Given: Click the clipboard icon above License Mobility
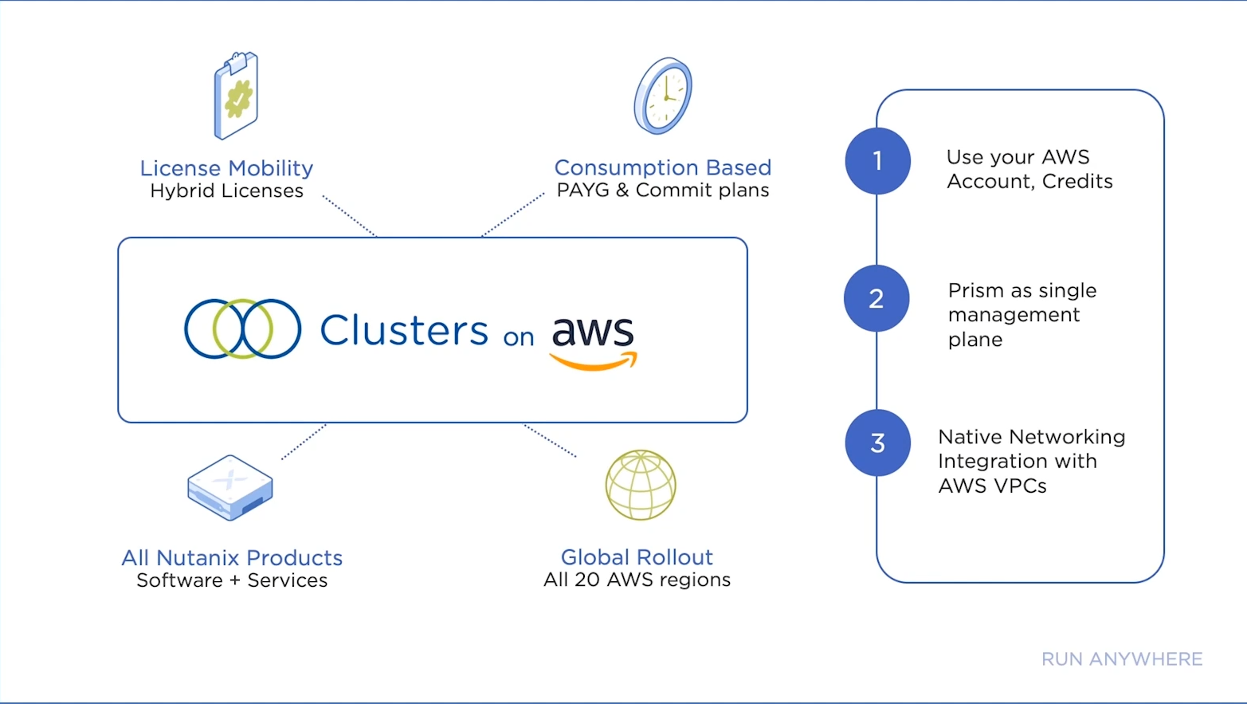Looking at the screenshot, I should pos(236,96).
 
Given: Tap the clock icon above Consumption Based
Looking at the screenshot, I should pos(663,96).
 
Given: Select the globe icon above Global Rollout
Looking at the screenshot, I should pos(641,485).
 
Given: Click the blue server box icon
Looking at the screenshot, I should pos(230,487).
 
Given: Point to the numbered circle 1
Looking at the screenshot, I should pos(877,161).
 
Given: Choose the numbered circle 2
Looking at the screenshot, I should pos(876,298).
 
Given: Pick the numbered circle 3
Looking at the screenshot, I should pos(877,442).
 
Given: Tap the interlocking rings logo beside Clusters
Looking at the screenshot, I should pos(242,328).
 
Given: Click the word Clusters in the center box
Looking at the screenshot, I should pos(404,330).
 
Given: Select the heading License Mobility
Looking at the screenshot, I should pos(226,168).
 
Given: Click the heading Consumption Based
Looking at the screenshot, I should pos(663,167).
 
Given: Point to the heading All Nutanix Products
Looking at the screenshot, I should pos(232,557).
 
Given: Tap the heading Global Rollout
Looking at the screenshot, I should pos(637,557).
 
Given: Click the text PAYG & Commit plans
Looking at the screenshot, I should pos(663,191).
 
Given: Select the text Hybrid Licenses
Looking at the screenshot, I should pos(226,191).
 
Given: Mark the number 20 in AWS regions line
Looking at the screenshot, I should pos(587,580).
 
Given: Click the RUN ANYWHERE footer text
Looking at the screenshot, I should pos(1122,659).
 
